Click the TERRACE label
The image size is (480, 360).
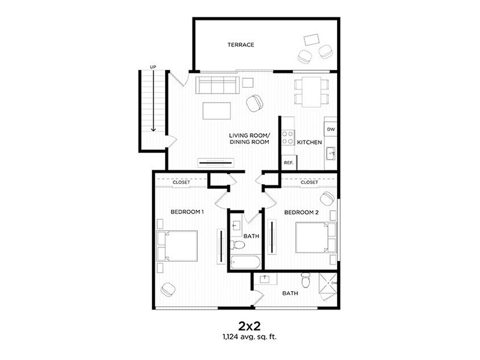(x=240, y=45)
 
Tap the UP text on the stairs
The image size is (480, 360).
(x=153, y=67)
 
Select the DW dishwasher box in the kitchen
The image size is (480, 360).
(x=330, y=129)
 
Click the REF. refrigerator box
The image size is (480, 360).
(x=288, y=162)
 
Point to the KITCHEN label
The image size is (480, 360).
(x=310, y=142)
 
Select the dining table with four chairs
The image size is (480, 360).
(x=312, y=91)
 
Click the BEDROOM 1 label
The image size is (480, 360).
(x=187, y=212)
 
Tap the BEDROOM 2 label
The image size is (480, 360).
(x=300, y=212)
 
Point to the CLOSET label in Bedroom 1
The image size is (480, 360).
(x=181, y=182)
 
